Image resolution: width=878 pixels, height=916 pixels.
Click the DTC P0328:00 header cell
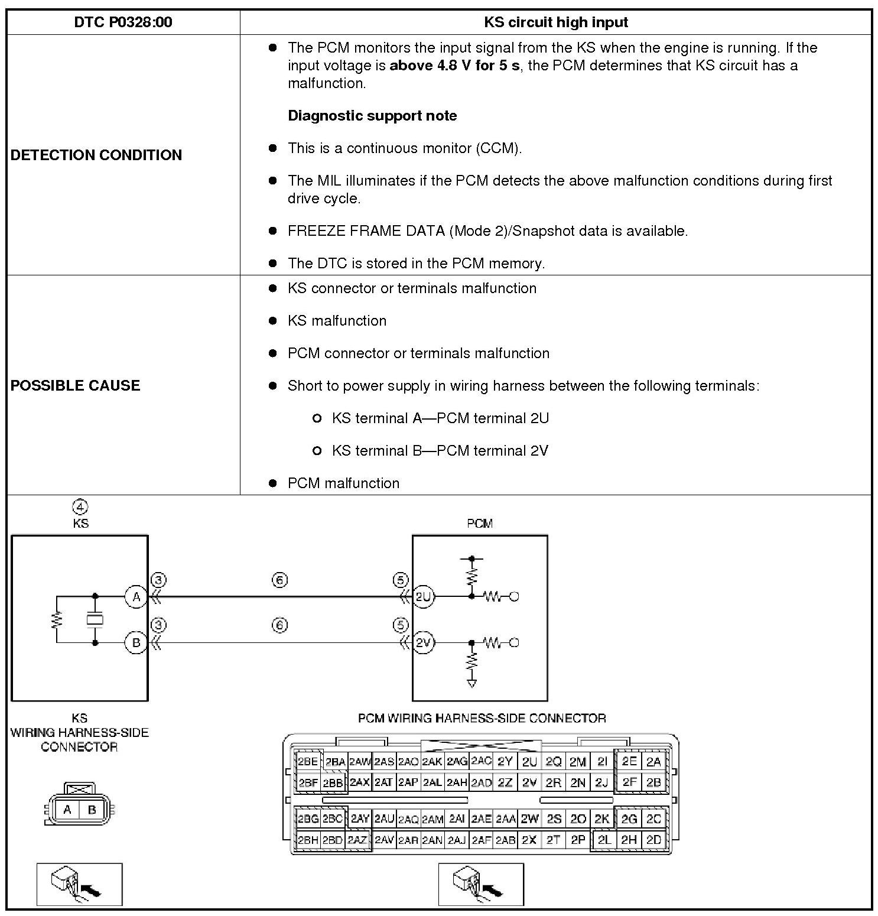click(x=123, y=22)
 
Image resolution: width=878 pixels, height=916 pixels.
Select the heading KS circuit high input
click(x=555, y=22)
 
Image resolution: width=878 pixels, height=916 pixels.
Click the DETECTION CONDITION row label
click(x=96, y=155)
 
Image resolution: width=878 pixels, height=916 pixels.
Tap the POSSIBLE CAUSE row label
click(x=75, y=385)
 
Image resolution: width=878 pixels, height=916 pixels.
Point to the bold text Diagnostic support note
click(x=372, y=116)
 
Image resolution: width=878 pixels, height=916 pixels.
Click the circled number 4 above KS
click(x=80, y=507)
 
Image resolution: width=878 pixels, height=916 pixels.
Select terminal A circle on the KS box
click(x=136, y=597)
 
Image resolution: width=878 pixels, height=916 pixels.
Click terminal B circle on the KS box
click(x=136, y=642)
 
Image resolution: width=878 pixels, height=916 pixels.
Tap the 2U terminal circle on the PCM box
click(x=423, y=597)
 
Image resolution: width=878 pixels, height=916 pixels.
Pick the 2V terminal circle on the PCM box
click(x=423, y=642)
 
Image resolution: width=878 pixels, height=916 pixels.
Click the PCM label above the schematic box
click(x=479, y=524)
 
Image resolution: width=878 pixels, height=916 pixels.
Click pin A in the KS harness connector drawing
click(x=67, y=810)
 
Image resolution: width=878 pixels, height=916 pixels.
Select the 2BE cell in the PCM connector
click(x=308, y=762)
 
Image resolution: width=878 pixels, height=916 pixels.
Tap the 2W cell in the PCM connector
click(x=529, y=819)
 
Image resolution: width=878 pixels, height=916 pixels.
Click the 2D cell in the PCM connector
click(x=653, y=840)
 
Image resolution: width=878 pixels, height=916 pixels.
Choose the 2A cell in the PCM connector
click(x=653, y=762)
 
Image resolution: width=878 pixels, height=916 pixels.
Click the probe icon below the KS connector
click(x=79, y=884)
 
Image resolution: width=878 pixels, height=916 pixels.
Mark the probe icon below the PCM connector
click(x=480, y=884)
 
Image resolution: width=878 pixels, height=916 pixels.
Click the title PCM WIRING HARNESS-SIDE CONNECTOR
click(x=482, y=719)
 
